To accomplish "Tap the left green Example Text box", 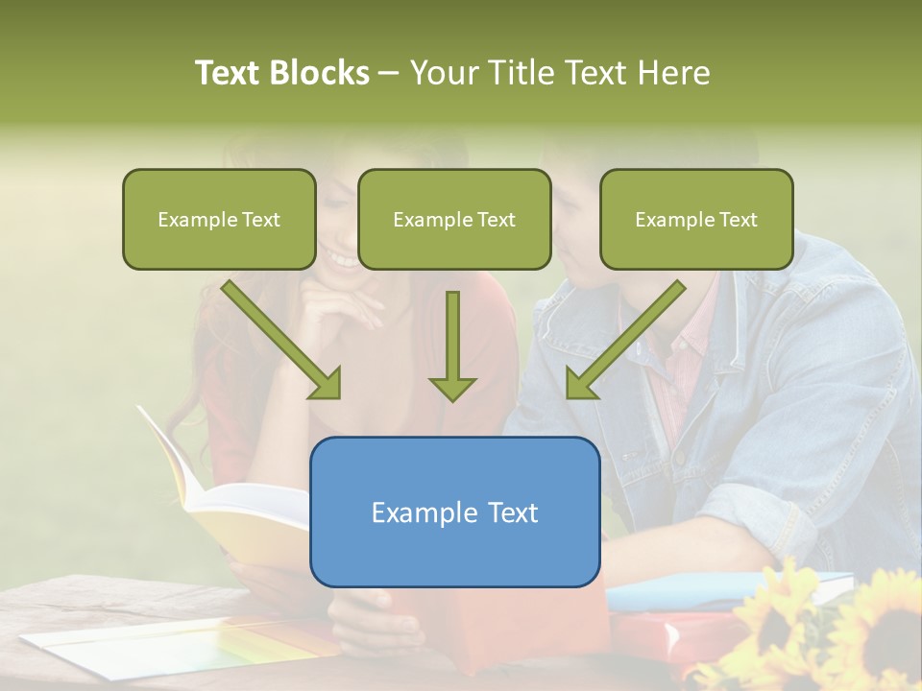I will [219, 220].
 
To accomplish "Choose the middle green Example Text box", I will [454, 220].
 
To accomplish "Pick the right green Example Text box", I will [696, 220].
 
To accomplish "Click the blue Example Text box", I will [454, 512].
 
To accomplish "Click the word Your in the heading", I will [443, 73].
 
